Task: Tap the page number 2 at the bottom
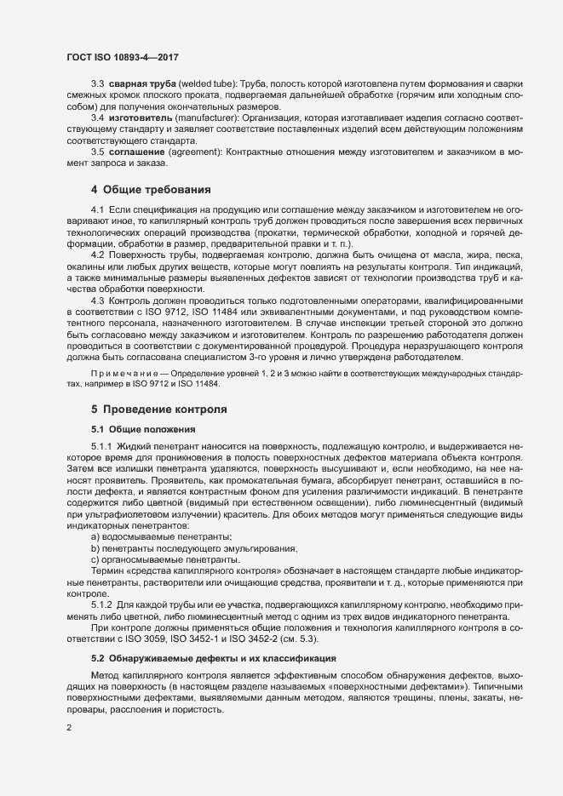tap(69, 727)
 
